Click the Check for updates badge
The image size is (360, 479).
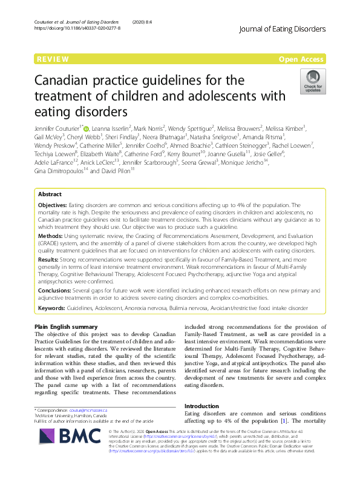312,82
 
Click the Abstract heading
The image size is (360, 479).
50,195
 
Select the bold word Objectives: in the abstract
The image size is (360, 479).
53,206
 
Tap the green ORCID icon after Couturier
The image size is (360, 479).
86,128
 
